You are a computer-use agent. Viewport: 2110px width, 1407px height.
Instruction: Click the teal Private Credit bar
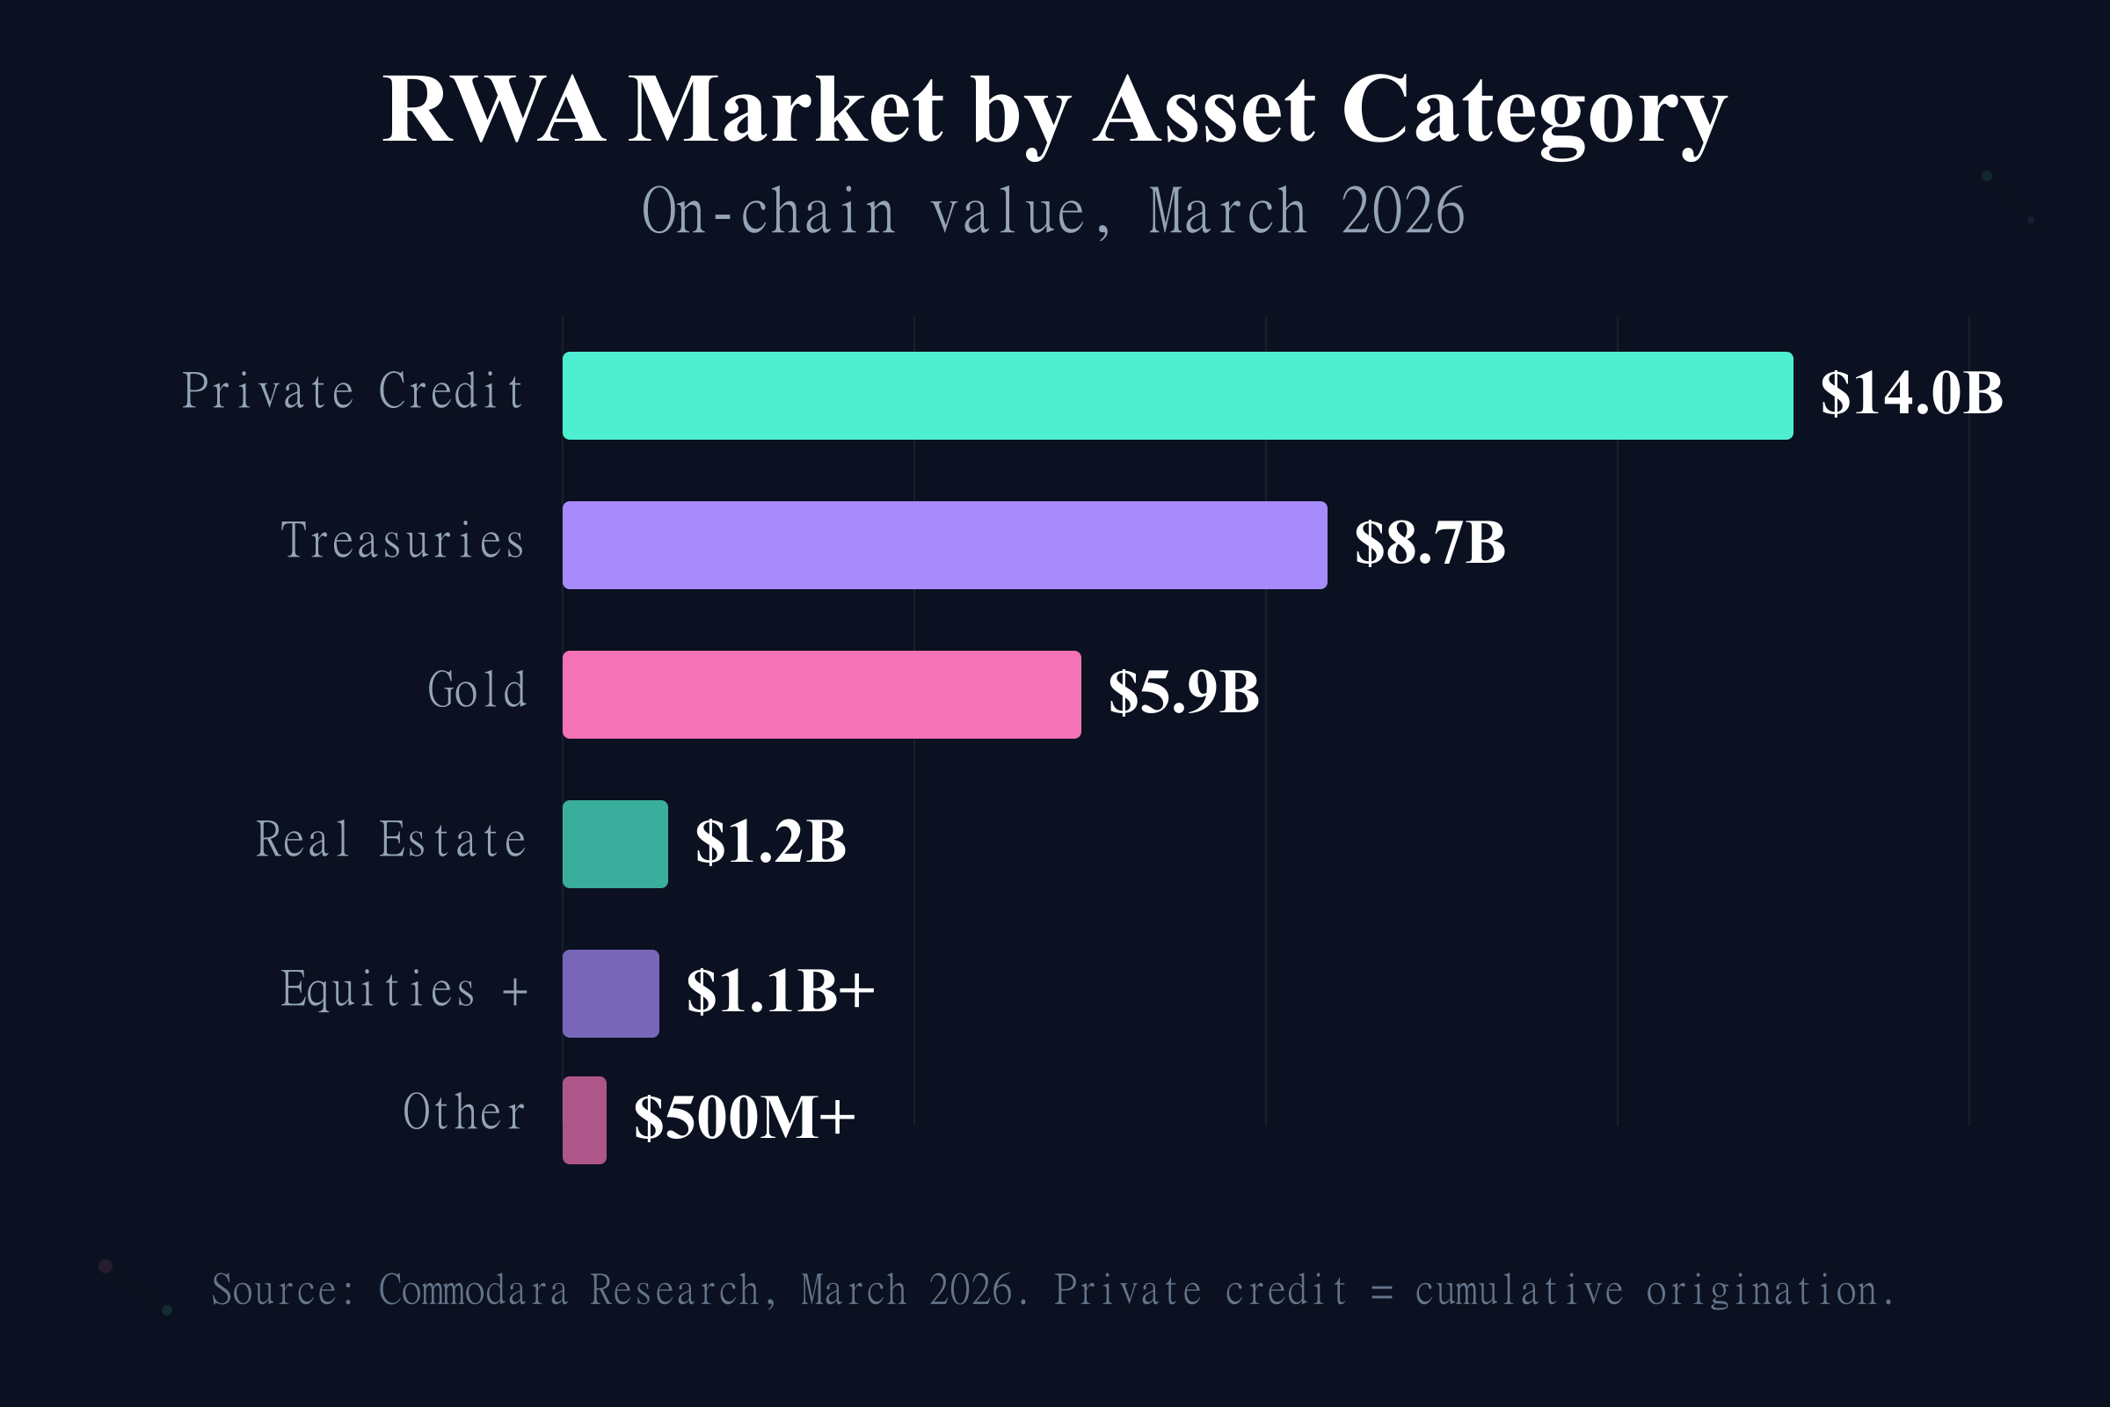[1177, 396]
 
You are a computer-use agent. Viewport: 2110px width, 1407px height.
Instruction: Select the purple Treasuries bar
[944, 545]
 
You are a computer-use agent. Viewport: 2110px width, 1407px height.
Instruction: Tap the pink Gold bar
[822, 695]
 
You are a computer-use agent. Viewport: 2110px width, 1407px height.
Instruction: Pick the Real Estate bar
[615, 844]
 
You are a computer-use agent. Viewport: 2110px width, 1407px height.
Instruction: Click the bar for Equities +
[611, 994]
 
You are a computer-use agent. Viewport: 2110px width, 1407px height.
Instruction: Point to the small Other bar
[585, 1119]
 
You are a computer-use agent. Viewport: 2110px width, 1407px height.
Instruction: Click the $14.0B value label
[1910, 394]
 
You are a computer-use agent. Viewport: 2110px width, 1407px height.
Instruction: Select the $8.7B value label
[1430, 543]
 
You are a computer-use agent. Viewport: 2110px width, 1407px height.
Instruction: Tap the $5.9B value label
[1184, 693]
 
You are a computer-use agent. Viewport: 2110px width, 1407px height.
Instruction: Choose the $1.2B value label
[771, 842]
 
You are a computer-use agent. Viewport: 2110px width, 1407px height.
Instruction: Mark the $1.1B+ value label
[780, 991]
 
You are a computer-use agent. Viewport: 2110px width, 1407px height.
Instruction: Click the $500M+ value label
[745, 1117]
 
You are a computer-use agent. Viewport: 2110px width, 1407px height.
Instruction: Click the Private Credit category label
[353, 392]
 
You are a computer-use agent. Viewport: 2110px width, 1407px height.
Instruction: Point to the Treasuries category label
[403, 541]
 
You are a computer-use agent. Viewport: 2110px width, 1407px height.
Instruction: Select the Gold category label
[477, 691]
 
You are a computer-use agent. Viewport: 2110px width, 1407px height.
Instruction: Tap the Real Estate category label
[391, 840]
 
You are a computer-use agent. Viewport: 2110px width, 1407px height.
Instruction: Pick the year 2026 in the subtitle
[1402, 213]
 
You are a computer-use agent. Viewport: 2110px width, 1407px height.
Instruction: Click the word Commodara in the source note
[473, 1290]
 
